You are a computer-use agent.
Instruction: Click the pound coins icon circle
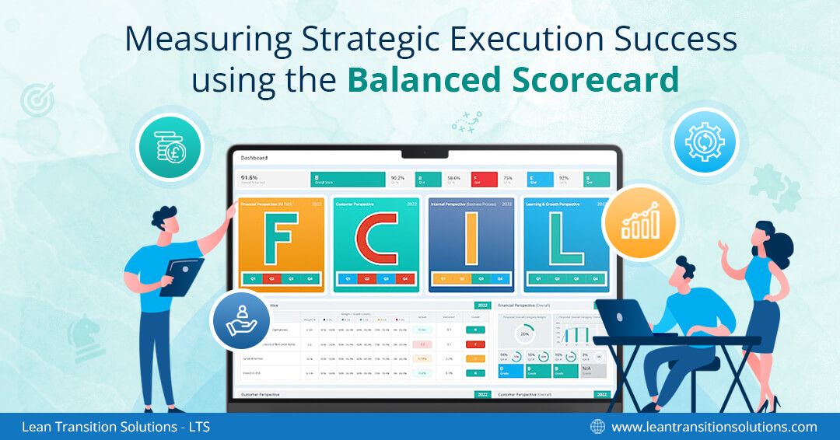tap(169, 147)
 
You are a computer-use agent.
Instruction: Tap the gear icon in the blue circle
tap(705, 141)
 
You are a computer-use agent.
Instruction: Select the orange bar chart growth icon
tap(639, 222)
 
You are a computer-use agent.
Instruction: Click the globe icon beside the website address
tap(597, 426)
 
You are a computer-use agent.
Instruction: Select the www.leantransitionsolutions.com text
tap(714, 426)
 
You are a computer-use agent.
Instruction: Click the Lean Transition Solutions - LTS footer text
tap(116, 426)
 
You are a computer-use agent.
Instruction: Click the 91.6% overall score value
tap(250, 177)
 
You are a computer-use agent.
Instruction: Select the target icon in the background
tap(35, 100)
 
